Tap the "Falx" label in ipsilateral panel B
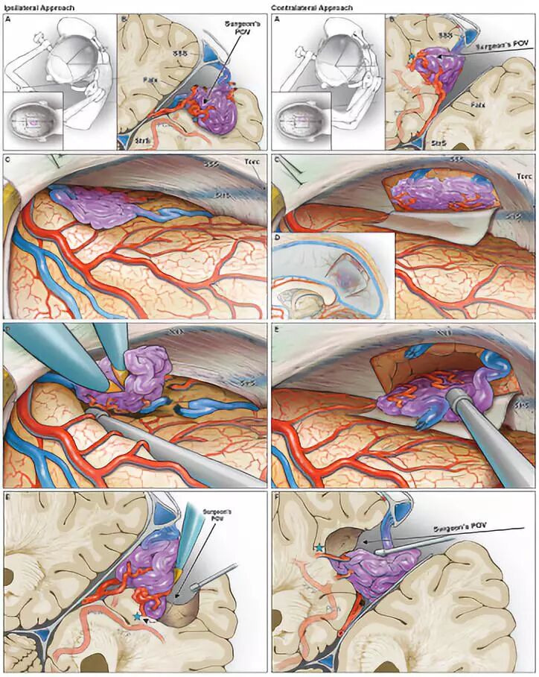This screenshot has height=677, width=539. [x=149, y=78]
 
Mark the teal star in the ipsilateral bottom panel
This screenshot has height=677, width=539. [x=137, y=617]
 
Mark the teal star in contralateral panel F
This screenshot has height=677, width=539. [x=320, y=548]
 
